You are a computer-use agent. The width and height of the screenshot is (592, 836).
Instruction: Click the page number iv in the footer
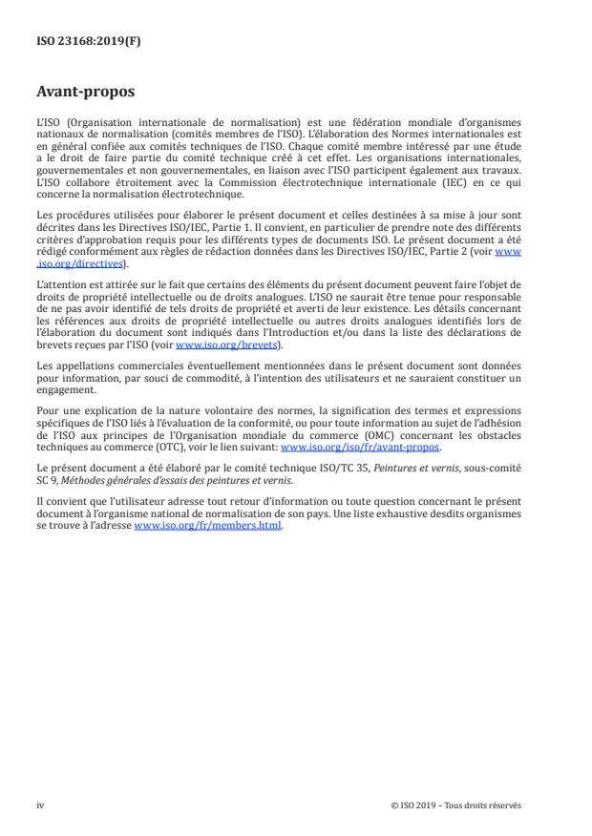click(x=40, y=805)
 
